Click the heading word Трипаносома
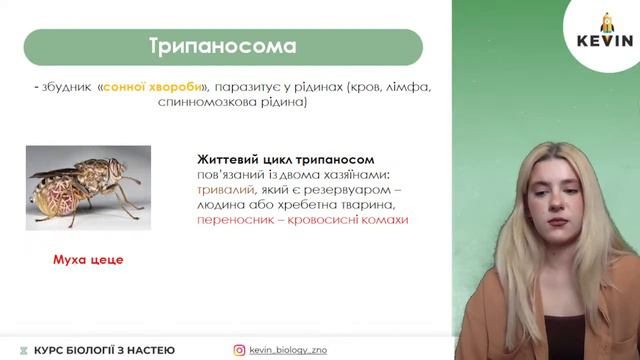point(222,47)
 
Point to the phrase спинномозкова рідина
point(233,102)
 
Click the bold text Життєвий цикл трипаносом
point(285,159)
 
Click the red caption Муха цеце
point(87,259)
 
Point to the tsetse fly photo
point(88,187)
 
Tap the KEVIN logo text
point(605,41)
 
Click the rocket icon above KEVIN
point(605,21)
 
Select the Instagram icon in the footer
point(239,350)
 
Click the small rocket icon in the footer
point(22,350)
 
